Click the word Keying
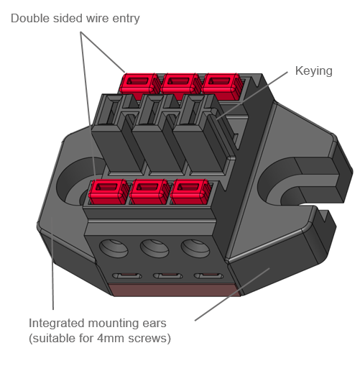(314, 71)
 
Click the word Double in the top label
(30, 19)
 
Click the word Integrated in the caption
(57, 324)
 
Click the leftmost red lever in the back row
(139, 83)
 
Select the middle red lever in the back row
(180, 83)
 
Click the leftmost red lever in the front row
(109, 192)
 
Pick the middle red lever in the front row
(149, 192)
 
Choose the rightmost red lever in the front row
(190, 192)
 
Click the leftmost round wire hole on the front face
(114, 249)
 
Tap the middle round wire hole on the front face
(154, 249)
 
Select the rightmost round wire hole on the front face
(195, 249)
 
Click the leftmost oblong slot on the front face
(127, 276)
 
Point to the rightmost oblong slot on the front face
(208, 276)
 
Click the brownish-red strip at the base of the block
(175, 290)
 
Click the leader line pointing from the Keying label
(252, 95)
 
